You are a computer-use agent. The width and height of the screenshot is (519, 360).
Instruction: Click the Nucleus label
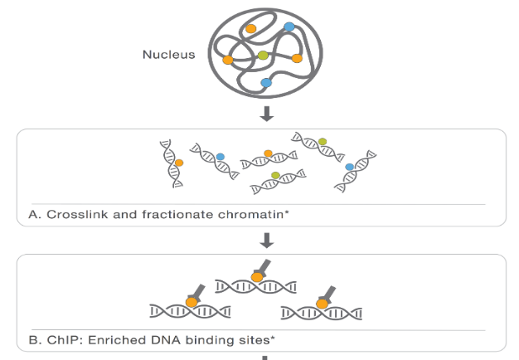[x=168, y=56]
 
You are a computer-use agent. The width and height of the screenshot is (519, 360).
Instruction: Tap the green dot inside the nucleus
[x=263, y=56]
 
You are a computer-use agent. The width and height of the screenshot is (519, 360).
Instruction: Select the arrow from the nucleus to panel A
[x=266, y=114]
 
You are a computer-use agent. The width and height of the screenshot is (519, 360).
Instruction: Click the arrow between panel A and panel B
[x=266, y=240]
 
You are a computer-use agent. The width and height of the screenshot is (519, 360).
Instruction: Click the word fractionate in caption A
[x=157, y=216]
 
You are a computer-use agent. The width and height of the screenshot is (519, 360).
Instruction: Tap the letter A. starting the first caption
[x=33, y=216]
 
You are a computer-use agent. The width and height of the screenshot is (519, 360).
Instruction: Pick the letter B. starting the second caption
[x=33, y=341]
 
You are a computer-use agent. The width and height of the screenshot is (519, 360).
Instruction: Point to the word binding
[x=189, y=341]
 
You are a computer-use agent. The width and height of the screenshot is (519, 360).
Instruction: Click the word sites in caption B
[x=228, y=341]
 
